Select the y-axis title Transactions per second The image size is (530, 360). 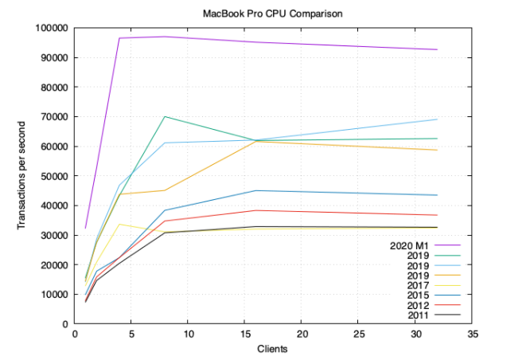tap(21, 176)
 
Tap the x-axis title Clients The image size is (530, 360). tap(272, 349)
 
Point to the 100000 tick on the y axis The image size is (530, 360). tap(52, 28)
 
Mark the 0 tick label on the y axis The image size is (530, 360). tap(65, 324)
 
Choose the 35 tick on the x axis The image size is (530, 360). tap(471, 335)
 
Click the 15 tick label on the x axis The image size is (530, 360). tap(244, 335)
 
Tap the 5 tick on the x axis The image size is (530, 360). tap(131, 335)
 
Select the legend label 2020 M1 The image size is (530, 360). tap(410, 245)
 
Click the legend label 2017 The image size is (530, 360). tap(418, 285)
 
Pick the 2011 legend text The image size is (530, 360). tap(418, 315)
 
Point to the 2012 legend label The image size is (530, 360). tap(418, 305)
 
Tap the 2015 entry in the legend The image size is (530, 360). tap(418, 295)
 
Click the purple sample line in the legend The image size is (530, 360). tap(450, 245)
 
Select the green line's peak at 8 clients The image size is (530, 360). tap(165, 116)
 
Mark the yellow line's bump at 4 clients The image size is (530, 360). tap(119, 224)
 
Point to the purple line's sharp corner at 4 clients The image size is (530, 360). tap(119, 38)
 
